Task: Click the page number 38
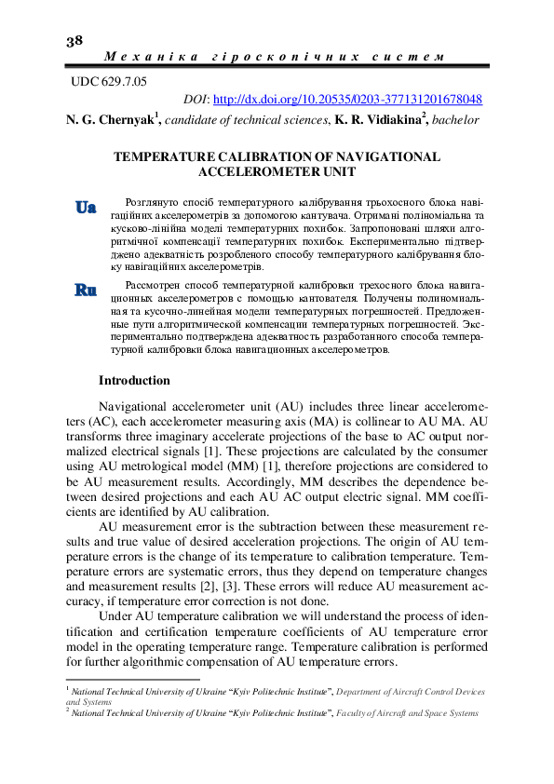(74, 40)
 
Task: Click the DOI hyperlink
(346, 99)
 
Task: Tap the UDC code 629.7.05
(110, 82)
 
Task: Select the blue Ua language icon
(86, 208)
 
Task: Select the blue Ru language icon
(86, 290)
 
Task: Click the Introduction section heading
(134, 381)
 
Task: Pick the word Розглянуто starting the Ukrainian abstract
(144, 201)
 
